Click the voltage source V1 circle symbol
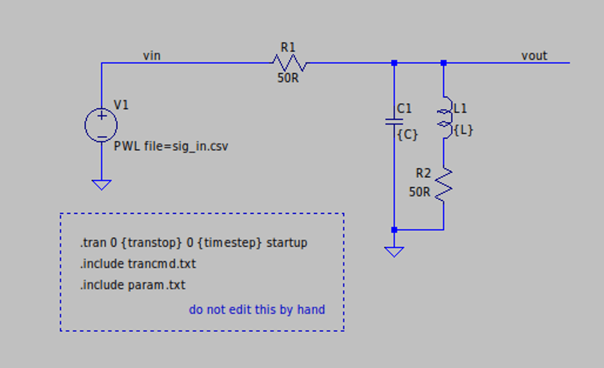pos(101,125)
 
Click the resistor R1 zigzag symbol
pos(289,63)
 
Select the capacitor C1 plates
pos(394,120)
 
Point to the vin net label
pos(152,56)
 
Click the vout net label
pos(534,56)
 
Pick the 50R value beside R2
pos(420,191)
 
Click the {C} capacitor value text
pos(408,134)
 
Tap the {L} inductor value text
pos(464,129)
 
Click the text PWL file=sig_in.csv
pos(171,147)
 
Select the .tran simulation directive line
pos(193,242)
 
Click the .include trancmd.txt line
pos(138,264)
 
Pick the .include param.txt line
pos(132,285)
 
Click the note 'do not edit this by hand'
pos(257,309)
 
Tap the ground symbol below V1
pos(101,184)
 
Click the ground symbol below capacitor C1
pos(394,251)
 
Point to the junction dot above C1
pos(394,63)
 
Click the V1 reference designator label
pos(122,105)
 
